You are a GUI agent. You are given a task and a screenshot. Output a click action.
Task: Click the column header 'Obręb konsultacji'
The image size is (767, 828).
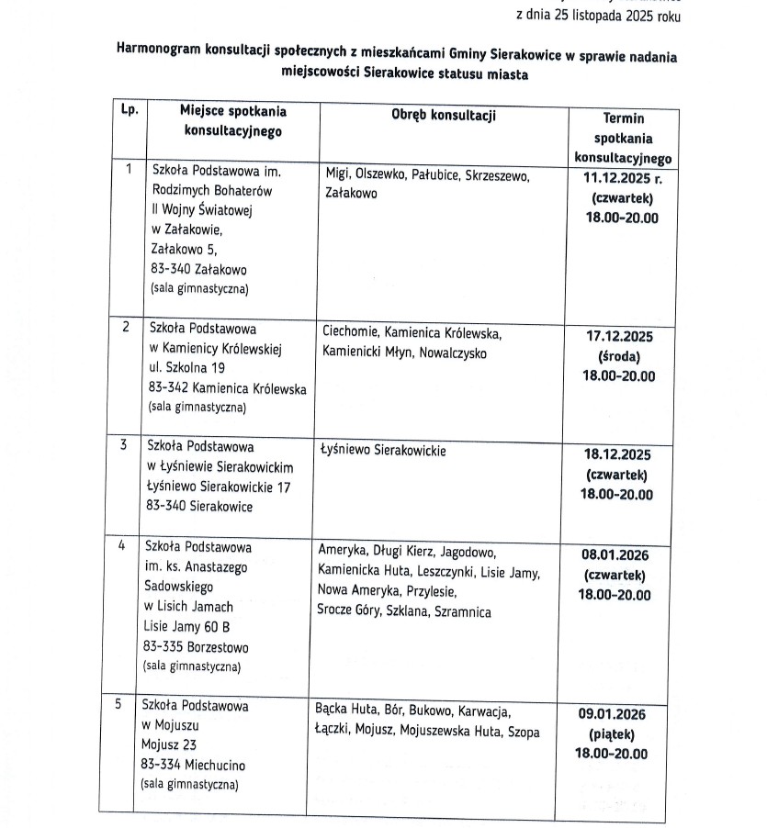point(444,115)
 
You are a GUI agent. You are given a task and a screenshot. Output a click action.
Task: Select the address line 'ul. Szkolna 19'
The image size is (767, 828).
point(188,368)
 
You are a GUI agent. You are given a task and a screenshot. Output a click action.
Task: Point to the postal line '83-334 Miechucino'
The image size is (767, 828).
point(193,765)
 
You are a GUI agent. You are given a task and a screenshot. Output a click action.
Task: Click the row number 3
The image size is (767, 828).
point(124,445)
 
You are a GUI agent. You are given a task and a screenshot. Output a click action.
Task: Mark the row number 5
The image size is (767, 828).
point(118,705)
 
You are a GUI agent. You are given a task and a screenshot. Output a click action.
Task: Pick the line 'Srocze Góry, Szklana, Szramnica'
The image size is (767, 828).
point(404,611)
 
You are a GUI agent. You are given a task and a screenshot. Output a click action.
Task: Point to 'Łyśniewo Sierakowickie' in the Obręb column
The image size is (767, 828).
point(383,452)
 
